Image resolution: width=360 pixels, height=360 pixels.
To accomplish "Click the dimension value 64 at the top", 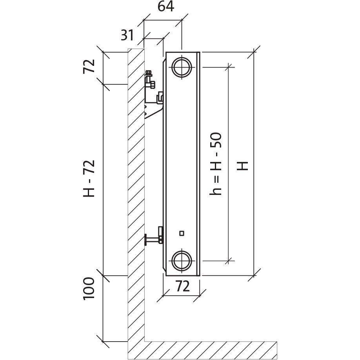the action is tap(166, 7).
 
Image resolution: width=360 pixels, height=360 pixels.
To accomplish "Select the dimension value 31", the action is tap(127, 35).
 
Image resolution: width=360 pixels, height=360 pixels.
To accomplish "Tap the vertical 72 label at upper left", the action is tap(89, 66).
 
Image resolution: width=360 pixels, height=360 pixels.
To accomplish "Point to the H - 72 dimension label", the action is tap(89, 178).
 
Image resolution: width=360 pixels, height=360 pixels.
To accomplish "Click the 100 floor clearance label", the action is tap(89, 288).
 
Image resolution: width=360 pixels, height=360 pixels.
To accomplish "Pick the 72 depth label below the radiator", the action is tap(183, 286).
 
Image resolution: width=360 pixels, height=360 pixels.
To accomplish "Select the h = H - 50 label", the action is tap(216, 164).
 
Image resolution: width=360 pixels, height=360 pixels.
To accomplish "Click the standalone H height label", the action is tap(242, 166).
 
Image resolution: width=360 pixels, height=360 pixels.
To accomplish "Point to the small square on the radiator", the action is tap(182, 233).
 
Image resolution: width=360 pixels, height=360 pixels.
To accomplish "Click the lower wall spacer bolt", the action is tap(154, 238).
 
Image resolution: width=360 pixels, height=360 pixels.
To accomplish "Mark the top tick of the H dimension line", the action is tap(254, 52).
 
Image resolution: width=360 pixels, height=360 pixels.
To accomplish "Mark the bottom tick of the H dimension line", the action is tap(254, 275).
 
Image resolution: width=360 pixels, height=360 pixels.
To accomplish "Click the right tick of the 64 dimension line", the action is tap(182, 20).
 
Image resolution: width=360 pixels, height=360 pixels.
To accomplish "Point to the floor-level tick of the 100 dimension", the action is tap(103, 342).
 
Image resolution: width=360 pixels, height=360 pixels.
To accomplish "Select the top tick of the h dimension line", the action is tap(229, 67).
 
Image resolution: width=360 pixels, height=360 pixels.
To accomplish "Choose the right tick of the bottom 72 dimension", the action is tap(199, 296).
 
